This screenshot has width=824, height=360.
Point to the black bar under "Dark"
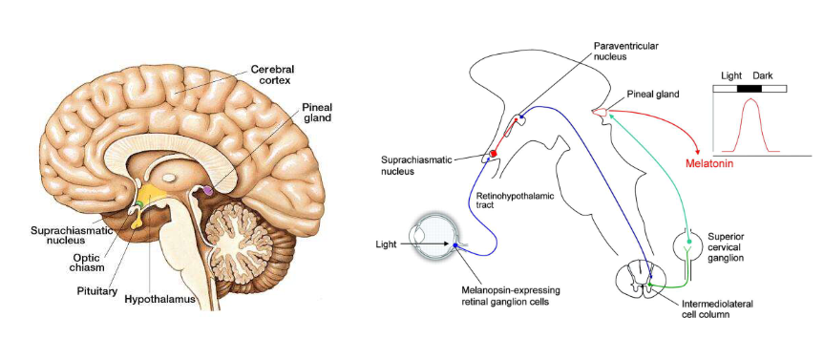tap(750, 89)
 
